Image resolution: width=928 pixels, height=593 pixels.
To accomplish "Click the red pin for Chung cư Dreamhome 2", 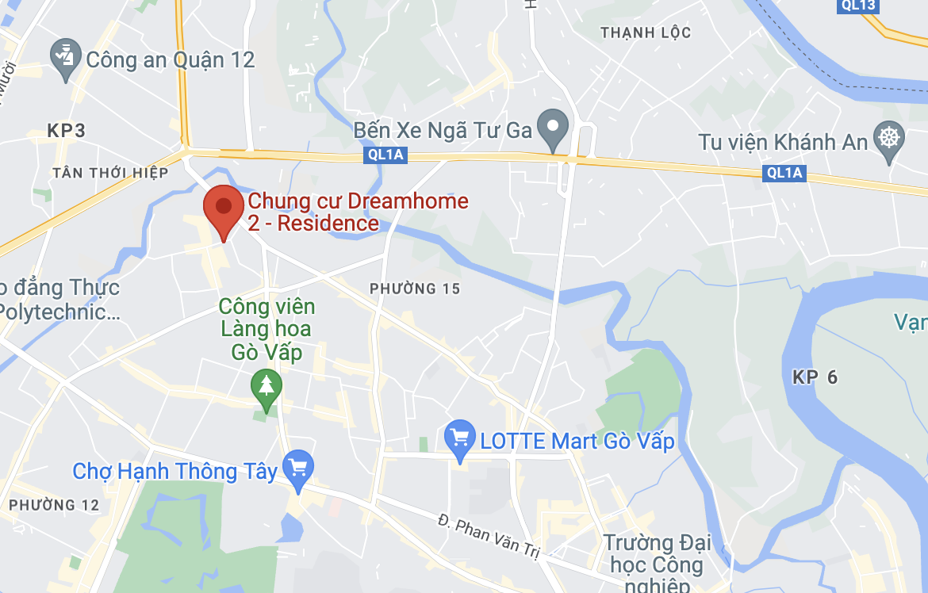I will click(x=224, y=209).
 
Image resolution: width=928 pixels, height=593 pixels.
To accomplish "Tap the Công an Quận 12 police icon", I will click(x=63, y=59).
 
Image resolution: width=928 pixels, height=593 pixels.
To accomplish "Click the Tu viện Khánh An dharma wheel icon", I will click(x=888, y=138).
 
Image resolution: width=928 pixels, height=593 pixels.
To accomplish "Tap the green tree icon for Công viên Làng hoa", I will click(x=267, y=386).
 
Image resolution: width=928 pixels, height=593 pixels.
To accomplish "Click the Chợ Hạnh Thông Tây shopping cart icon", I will click(x=298, y=467).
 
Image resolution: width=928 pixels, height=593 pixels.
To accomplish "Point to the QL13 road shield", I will click(x=857, y=6).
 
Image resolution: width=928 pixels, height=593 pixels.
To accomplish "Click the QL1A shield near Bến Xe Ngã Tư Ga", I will click(x=386, y=155).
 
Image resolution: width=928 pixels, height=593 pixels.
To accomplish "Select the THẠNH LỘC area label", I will click(x=646, y=33).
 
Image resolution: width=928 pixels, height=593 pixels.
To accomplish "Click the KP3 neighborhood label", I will click(x=66, y=131).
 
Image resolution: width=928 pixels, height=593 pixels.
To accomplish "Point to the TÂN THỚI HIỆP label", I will click(x=110, y=172).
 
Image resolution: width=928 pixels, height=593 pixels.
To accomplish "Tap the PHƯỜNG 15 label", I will click(x=415, y=289).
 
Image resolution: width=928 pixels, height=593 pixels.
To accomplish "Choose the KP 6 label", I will click(x=815, y=377).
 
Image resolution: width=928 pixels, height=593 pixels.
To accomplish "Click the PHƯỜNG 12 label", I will click(x=55, y=504).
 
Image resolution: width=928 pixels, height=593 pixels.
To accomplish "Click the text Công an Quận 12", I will click(x=170, y=59).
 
